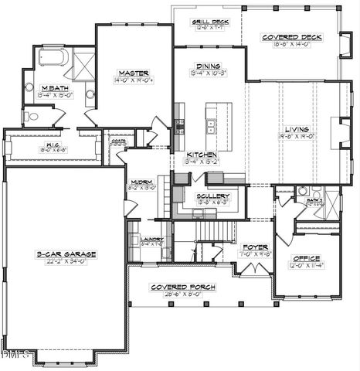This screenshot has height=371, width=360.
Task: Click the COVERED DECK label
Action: click(292, 37)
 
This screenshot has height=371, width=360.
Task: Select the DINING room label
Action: click(208, 66)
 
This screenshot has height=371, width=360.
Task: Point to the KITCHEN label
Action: click(202, 155)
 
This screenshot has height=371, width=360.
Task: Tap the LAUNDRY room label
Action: click(152, 239)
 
